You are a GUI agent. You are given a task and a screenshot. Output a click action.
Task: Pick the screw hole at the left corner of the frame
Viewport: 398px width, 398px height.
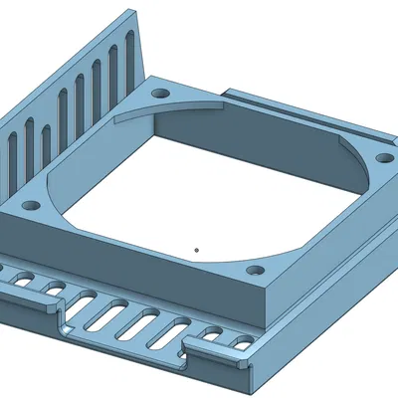pos(31,206)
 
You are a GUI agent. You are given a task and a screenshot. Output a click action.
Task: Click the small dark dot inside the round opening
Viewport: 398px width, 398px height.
pos(197,250)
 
